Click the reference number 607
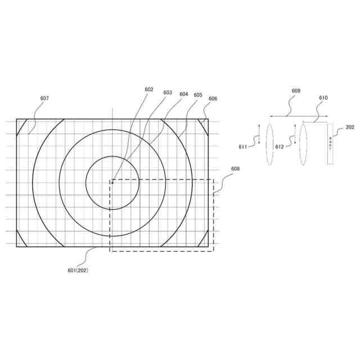pos(44,98)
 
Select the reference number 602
pos(148,89)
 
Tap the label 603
pos(168,93)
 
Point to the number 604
pos(183,94)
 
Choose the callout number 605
pos(198,95)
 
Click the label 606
pos(213,98)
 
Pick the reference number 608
pos(235,168)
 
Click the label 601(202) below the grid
pos(78,270)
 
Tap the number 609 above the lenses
pos(296,90)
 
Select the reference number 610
pos(323,97)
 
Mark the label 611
pos(243,147)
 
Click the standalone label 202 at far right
pos(350,127)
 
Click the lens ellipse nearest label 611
pos(269,144)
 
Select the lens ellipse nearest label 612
pos(303,144)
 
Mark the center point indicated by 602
pos(112,181)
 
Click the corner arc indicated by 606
pos(202,127)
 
